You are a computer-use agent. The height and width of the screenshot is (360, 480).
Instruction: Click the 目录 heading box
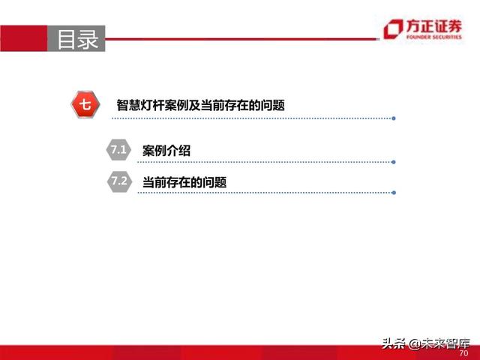point(77,38)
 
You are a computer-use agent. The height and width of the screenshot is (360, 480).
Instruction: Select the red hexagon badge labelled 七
point(86,105)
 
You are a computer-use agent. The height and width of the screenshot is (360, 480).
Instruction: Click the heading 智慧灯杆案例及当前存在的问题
point(200,106)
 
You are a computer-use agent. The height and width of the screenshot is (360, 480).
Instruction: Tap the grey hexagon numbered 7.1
point(118,150)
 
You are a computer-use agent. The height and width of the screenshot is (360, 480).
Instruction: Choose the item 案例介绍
point(166,151)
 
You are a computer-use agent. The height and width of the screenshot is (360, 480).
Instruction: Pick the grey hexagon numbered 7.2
point(118,181)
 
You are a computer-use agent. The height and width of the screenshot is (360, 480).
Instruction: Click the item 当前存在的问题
point(184,182)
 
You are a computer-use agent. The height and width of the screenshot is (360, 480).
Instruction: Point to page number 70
point(463,352)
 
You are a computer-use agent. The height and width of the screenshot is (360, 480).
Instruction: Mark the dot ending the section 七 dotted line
point(394,118)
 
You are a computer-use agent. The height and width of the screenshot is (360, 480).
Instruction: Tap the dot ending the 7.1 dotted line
point(394,161)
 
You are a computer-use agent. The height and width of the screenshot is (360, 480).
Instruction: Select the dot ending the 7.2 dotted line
point(394,193)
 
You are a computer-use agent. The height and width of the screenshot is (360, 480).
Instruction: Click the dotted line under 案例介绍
point(262,161)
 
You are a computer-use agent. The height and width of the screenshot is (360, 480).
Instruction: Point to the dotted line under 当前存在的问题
point(262,193)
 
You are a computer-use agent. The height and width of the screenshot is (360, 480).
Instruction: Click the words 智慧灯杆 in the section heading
point(141,106)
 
